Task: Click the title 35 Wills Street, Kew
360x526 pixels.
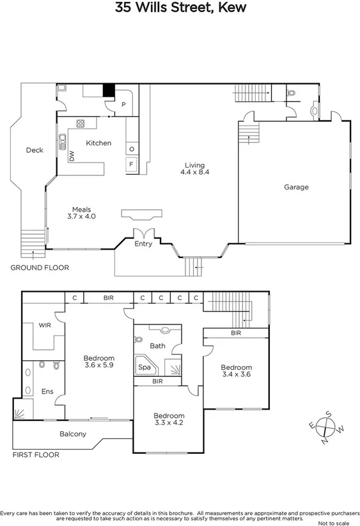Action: tap(180, 8)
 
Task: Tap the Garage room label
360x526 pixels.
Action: tap(297, 187)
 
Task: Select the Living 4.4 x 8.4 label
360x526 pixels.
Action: tap(194, 168)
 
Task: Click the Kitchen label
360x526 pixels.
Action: tap(99, 143)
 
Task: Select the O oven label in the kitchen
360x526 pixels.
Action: tap(131, 149)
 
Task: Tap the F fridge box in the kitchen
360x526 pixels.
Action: tap(131, 164)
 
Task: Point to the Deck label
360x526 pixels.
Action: tap(34, 150)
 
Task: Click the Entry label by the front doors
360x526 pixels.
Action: tap(143, 244)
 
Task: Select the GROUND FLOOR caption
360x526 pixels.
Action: tap(40, 268)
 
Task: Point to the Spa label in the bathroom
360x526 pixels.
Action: tap(145, 368)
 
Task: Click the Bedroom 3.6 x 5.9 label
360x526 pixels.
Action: tap(99, 362)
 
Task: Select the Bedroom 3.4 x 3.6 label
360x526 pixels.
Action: tap(237, 371)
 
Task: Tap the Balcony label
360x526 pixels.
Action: tap(73, 434)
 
